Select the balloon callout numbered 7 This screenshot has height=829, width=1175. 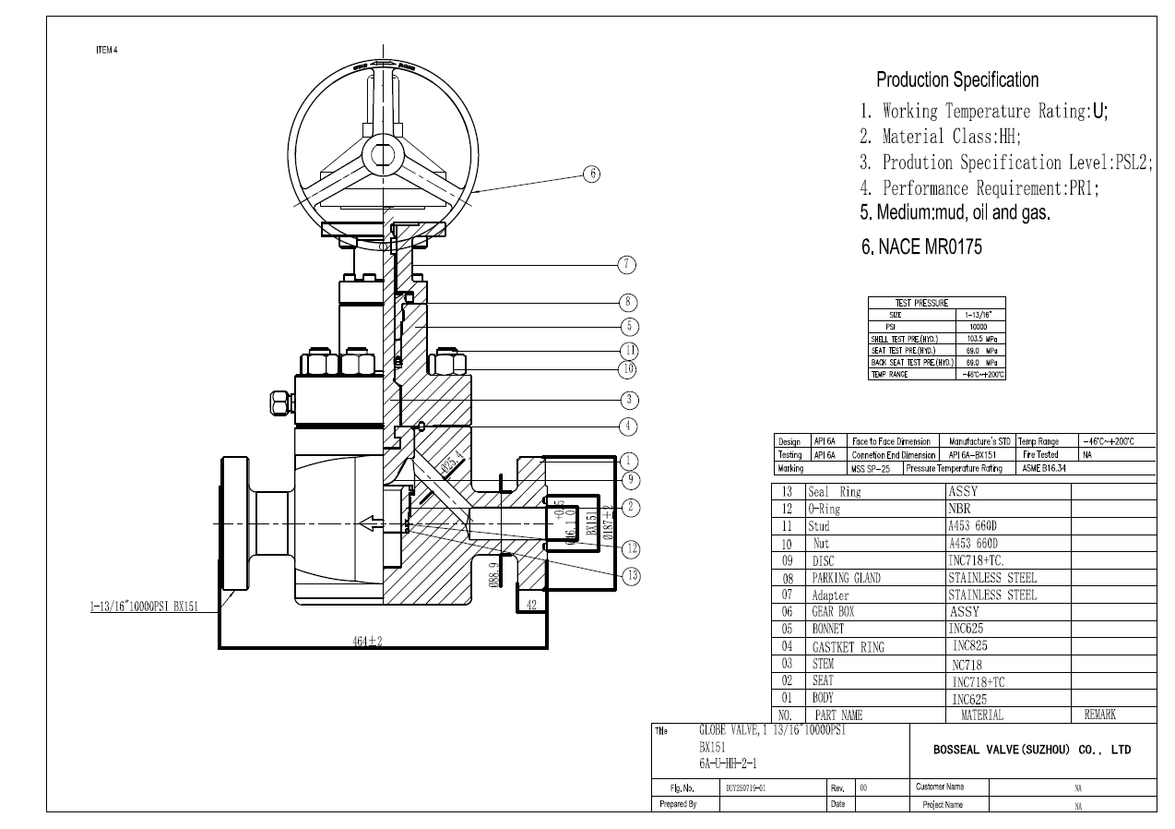[628, 265]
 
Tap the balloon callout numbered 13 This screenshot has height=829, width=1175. [630, 575]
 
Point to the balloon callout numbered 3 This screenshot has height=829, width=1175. [628, 400]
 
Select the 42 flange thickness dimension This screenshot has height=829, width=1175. [531, 604]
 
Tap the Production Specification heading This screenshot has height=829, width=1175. [956, 79]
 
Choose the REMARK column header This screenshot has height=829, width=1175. [1094, 715]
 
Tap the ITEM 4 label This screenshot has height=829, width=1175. [106, 50]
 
